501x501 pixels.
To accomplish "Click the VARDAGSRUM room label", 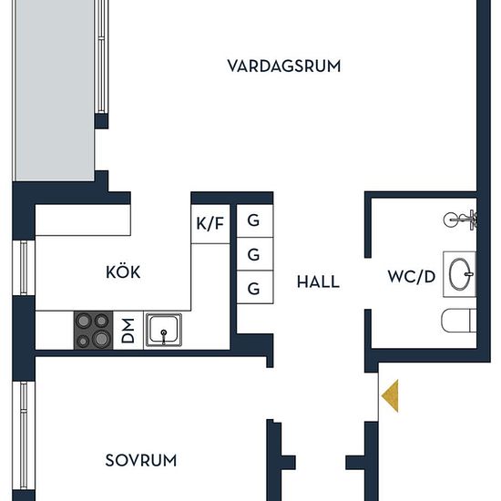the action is [x=284, y=66].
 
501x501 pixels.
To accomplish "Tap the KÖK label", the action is [x=123, y=271].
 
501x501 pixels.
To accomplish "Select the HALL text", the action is [x=318, y=281].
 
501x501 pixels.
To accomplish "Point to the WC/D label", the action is [x=412, y=276].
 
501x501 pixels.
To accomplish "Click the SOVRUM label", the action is [x=141, y=460].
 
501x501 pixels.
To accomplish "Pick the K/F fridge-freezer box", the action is [x=210, y=224].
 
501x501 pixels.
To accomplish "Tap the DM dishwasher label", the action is [x=128, y=331].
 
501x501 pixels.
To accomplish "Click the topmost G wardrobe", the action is [x=255, y=220].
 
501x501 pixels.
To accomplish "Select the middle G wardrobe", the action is [x=255, y=254].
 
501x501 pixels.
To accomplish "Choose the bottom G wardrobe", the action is [x=255, y=287].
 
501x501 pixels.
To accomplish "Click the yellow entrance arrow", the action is [x=390, y=395].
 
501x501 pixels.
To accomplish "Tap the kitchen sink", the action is [x=164, y=330].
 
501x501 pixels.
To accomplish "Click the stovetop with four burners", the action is [x=93, y=330].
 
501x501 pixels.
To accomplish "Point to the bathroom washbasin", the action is [x=460, y=274].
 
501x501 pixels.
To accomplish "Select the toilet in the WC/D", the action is [x=459, y=321].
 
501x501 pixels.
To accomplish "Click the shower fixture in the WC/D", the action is [x=460, y=220].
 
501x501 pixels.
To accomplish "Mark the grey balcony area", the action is [x=56, y=90].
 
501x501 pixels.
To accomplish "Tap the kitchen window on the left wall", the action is [x=24, y=268].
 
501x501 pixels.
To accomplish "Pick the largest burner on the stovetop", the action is [x=101, y=339].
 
